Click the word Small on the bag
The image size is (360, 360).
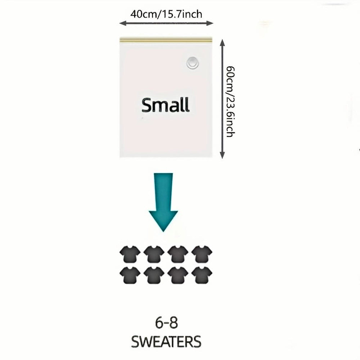(166, 105)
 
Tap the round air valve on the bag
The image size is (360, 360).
(192, 63)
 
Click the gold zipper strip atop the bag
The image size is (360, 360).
(165, 40)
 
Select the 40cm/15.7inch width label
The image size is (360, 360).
(166, 14)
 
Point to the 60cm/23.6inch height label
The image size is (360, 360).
(230, 102)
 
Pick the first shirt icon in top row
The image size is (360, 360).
(130, 254)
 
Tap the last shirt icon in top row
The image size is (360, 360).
(202, 254)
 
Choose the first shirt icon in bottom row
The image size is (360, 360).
(130, 275)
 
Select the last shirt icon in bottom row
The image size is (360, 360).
(202, 275)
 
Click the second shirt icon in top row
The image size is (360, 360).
(154, 254)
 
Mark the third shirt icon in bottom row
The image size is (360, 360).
(178, 275)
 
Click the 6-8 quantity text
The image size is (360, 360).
(166, 323)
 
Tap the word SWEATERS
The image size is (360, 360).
(166, 342)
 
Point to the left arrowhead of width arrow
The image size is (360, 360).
(123, 23)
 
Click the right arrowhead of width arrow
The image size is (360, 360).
(210, 23)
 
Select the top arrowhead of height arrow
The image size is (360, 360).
(222, 43)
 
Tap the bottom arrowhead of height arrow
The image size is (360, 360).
(222, 155)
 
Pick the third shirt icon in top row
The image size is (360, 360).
(178, 254)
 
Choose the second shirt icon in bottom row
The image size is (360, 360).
(154, 275)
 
